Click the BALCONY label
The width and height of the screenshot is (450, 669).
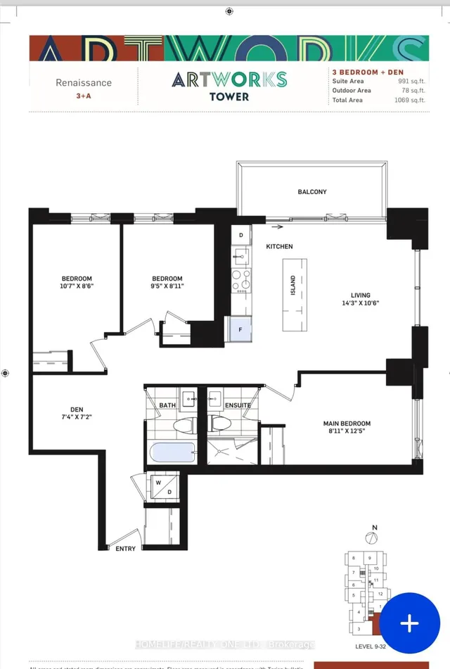pyautogui.click(x=312, y=191)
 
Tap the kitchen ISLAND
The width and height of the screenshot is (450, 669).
pyautogui.click(x=295, y=295)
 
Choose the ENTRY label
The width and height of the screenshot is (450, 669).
pyautogui.click(x=125, y=549)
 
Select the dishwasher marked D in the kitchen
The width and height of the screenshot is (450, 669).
pyautogui.click(x=240, y=235)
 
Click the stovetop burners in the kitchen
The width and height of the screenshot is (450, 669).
pyautogui.click(x=241, y=280)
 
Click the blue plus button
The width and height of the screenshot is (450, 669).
pyautogui.click(x=409, y=623)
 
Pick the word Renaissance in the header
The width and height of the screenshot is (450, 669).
pyautogui.click(x=84, y=82)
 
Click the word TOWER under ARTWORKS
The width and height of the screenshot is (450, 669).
pyautogui.click(x=229, y=96)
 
